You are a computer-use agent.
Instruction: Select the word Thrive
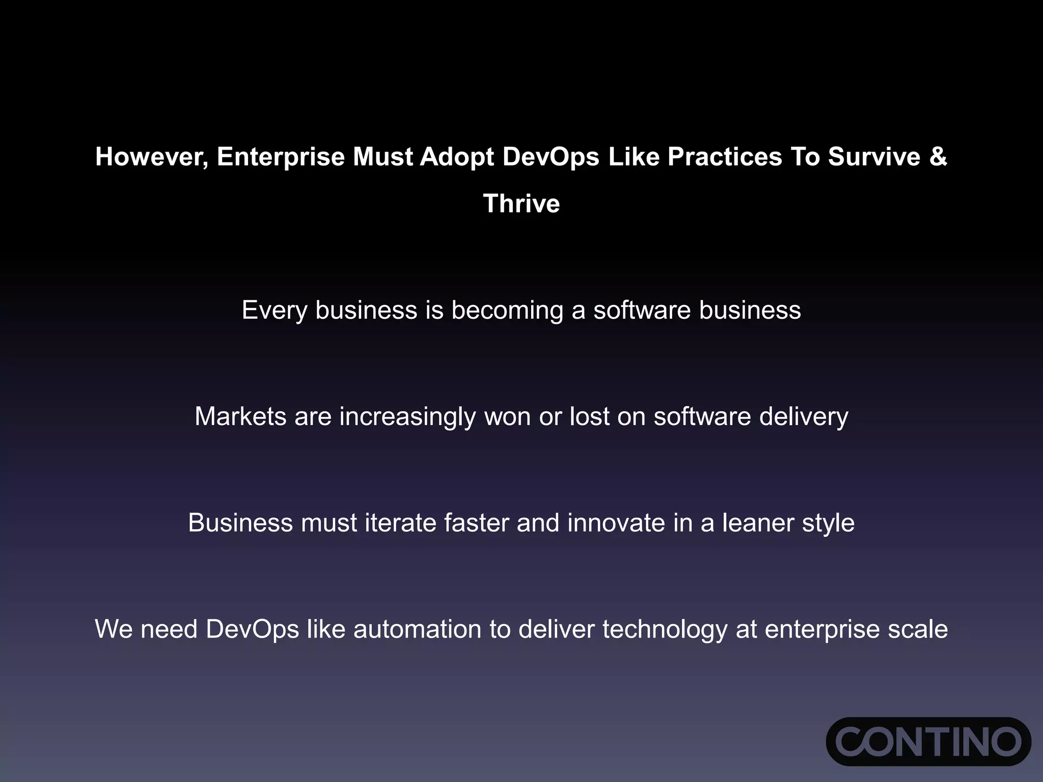tap(521, 204)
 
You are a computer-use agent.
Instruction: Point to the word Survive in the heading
tap(874, 157)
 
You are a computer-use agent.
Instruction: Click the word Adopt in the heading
tap(457, 157)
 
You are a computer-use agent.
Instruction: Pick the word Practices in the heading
tap(725, 157)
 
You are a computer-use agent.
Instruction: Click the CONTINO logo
tap(928, 741)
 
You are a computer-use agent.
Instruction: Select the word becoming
tap(507, 311)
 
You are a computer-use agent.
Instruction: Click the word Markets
tap(240, 416)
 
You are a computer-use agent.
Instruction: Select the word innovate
tap(616, 523)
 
